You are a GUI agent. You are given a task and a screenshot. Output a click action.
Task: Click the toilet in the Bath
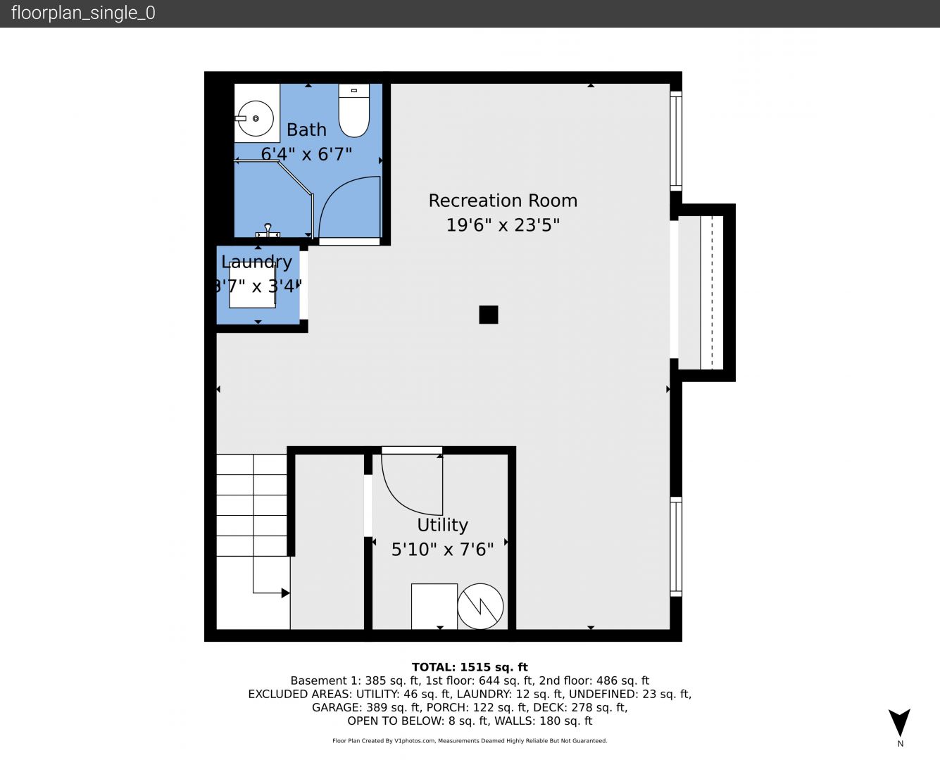pos(354,110)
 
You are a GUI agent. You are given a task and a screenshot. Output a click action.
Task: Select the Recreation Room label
pos(503,201)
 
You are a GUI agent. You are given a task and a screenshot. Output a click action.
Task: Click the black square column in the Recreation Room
pos(489,315)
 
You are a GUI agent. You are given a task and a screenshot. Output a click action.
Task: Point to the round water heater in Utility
pos(480,606)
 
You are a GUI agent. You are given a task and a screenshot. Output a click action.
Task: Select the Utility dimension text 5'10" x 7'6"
pos(442,550)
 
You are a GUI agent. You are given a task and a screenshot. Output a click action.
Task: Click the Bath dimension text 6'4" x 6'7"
pos(306,154)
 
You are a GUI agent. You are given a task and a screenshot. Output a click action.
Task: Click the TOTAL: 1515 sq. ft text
pos(470,667)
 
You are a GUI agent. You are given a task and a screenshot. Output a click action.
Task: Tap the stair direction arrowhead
pos(286,593)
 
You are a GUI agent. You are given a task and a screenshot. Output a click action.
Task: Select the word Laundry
pos(256,262)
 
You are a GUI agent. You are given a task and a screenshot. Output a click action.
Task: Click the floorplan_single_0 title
pos(83,13)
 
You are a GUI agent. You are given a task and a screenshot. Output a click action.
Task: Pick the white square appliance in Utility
pos(434,607)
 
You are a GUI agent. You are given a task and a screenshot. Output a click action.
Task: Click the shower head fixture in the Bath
pos(268,231)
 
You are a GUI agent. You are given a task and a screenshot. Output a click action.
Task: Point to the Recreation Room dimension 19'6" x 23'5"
pos(503,225)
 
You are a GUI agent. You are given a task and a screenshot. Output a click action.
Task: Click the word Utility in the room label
pos(442,526)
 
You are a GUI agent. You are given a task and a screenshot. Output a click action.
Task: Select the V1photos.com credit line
pos(470,740)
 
